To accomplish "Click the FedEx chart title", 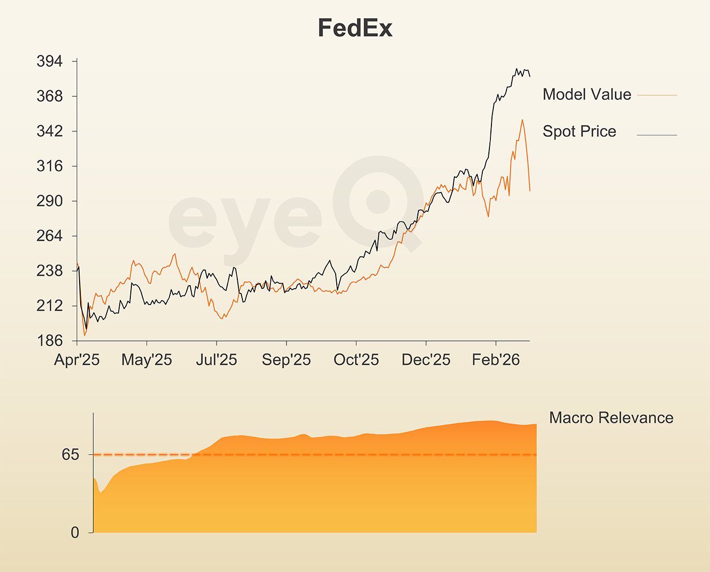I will (355, 28).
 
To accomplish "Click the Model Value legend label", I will (587, 95).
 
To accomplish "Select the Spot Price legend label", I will (579, 132).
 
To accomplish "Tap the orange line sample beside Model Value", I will (657, 95).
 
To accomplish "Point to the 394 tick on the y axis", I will (50, 61).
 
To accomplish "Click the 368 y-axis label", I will (50, 96).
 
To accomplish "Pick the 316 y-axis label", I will (50, 166).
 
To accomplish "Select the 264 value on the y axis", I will (50, 236).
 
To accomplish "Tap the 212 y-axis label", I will (50, 306).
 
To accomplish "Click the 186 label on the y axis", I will (50, 340).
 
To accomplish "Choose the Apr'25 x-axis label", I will (77, 360).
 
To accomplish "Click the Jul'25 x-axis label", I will (217, 360).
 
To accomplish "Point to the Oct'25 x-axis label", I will (356, 360).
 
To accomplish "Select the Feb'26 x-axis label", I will (496, 360).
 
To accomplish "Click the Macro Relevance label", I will (611, 418).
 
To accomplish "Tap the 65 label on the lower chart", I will (71, 455).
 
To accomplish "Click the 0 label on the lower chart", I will (75, 532).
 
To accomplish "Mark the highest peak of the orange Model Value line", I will (522, 120).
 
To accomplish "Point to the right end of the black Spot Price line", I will (530, 77).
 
